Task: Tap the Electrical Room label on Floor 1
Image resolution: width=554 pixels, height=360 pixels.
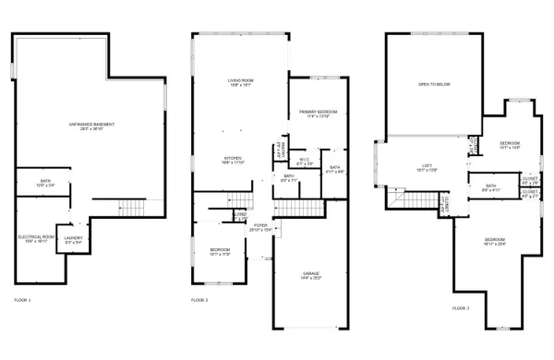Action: point(37,238)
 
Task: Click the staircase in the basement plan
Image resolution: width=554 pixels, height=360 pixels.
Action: point(133,206)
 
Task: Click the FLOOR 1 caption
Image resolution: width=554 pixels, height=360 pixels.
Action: point(22,300)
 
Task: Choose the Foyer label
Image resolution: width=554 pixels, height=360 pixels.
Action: point(260,224)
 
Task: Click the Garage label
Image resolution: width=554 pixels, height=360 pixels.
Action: point(311,274)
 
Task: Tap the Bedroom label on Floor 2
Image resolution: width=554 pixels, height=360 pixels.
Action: point(220,250)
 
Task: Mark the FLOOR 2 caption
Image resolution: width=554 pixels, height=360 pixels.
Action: point(199,300)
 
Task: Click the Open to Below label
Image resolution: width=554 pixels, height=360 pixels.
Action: point(433,84)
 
